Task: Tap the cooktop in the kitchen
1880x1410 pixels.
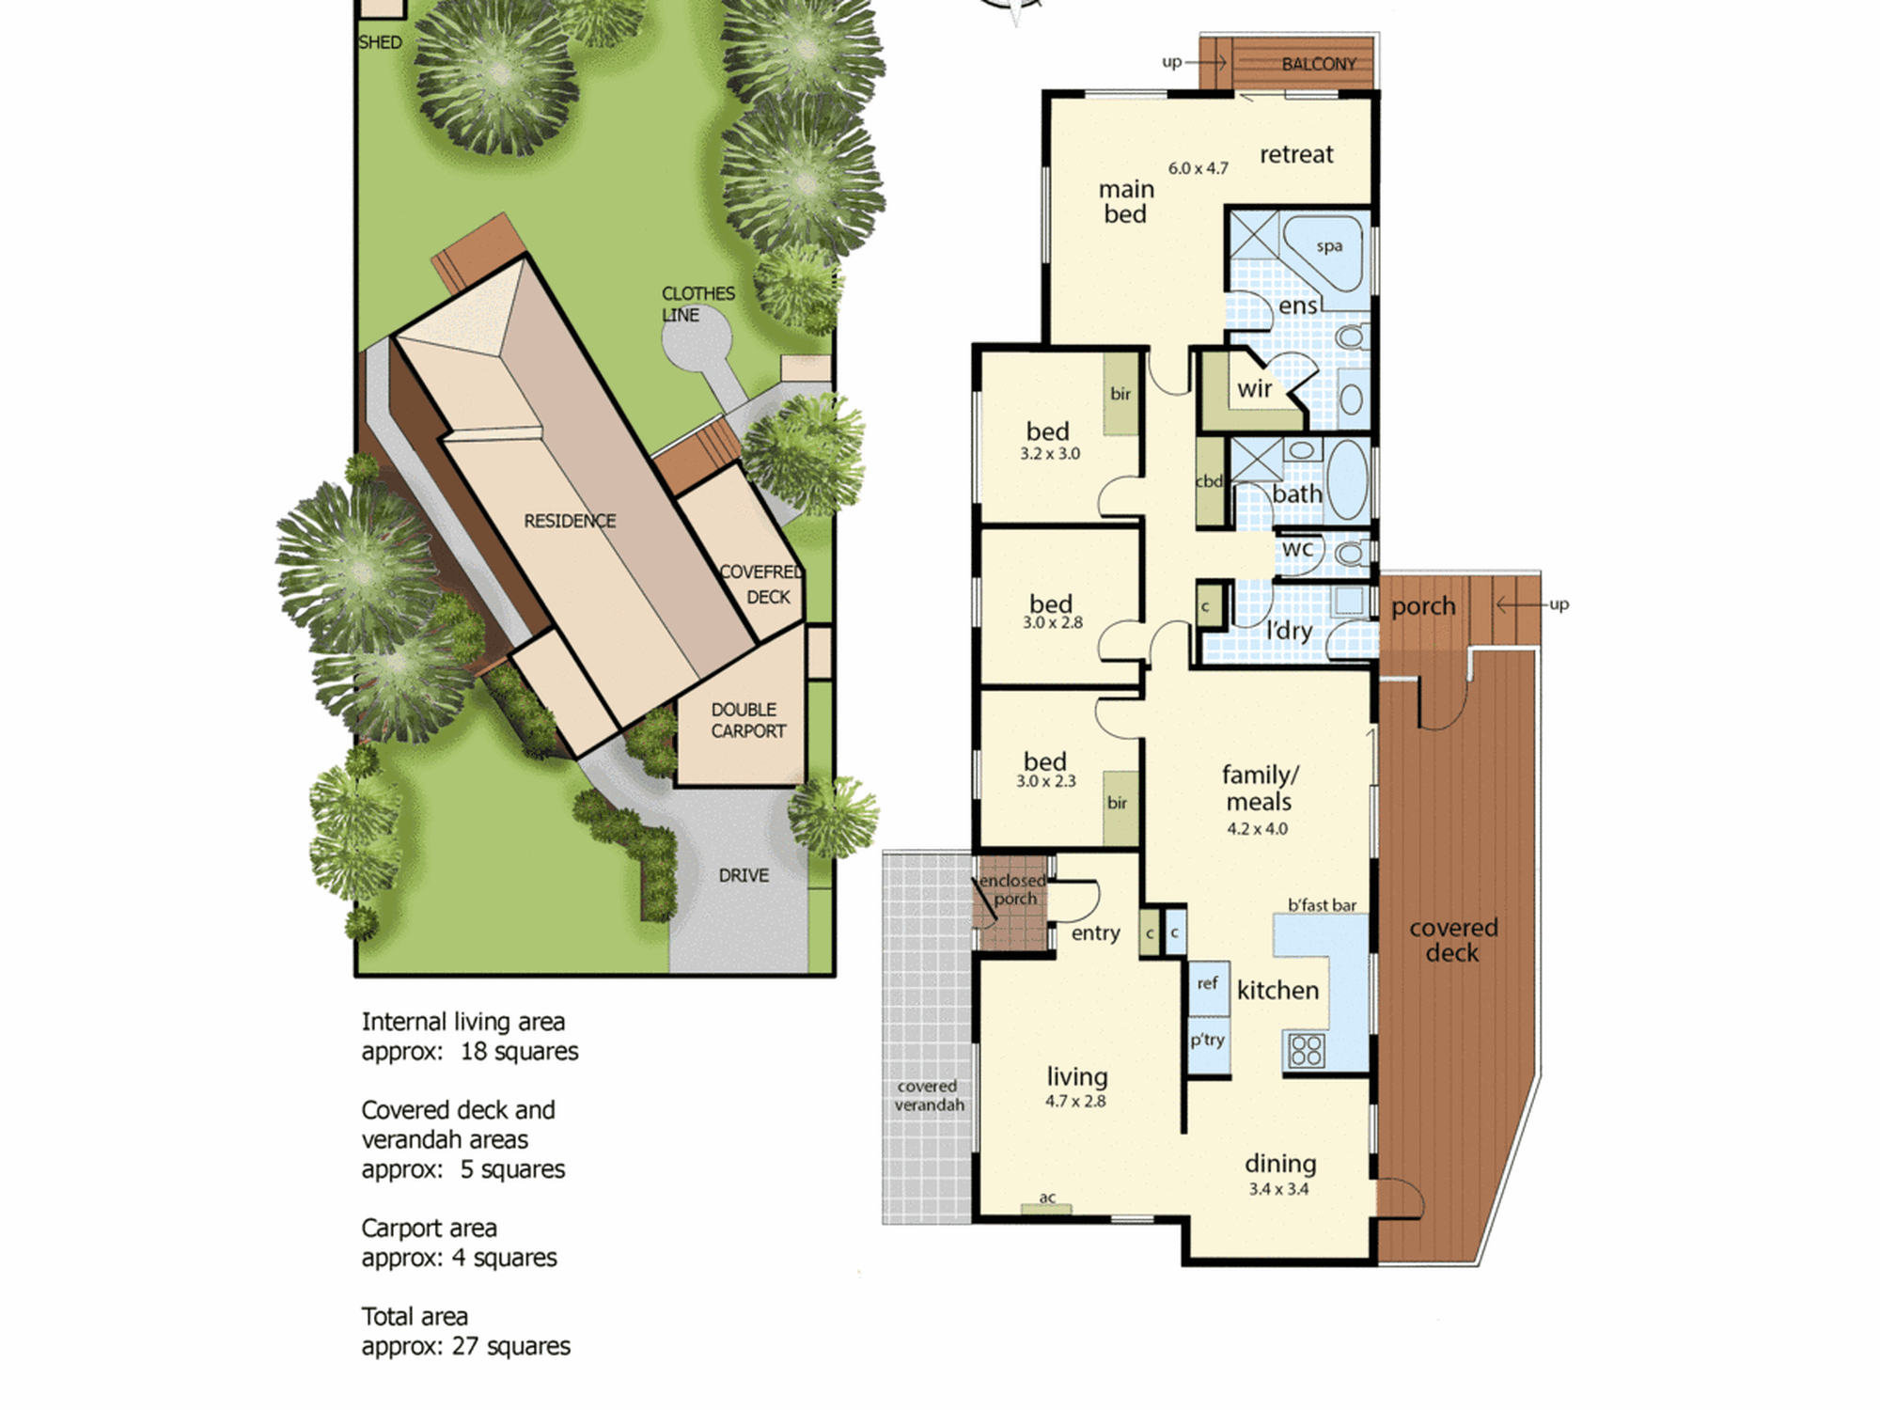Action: pyautogui.click(x=1307, y=1049)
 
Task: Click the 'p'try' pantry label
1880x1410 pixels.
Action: pyautogui.click(x=1208, y=1040)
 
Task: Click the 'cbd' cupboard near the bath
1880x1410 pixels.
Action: pyautogui.click(x=1209, y=481)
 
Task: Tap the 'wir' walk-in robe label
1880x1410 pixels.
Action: pyautogui.click(x=1254, y=388)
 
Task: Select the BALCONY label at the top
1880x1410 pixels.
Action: pyautogui.click(x=1319, y=64)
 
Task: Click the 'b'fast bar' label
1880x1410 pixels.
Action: pyautogui.click(x=1322, y=905)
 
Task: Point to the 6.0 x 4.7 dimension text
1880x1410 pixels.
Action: pyautogui.click(x=1198, y=168)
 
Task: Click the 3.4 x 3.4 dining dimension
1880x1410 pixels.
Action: pyautogui.click(x=1278, y=1189)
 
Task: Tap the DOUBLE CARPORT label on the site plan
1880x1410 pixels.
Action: pyautogui.click(x=748, y=720)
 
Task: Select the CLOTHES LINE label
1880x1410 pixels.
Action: pyautogui.click(x=697, y=304)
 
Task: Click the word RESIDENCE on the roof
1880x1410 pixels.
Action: pyautogui.click(x=570, y=521)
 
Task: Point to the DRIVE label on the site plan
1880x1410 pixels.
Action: pyautogui.click(x=744, y=875)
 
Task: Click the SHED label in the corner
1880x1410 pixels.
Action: pyautogui.click(x=380, y=42)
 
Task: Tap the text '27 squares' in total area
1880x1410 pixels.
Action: pyautogui.click(x=510, y=1346)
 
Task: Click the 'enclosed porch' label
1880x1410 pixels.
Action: pyautogui.click(x=1012, y=889)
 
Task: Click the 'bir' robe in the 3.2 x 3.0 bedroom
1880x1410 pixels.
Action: pyautogui.click(x=1120, y=394)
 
